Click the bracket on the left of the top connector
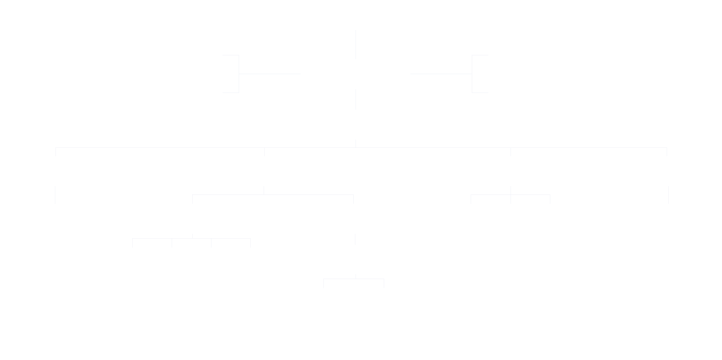238,74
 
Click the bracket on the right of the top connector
472,74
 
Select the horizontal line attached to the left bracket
270,74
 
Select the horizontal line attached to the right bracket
441,74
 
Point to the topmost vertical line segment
355,44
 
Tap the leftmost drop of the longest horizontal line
55,151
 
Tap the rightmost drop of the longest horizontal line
667,151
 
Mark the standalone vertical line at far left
55,195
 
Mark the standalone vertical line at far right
668,195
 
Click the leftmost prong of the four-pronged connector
132,243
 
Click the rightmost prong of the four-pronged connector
250,243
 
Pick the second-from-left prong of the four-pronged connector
172,243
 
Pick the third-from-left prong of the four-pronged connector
211,243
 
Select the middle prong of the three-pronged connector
510,199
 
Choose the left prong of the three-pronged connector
471,199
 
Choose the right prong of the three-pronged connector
550,199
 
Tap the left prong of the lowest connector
323,283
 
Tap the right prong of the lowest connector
384,283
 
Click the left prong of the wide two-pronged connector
192,199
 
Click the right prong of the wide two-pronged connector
353,199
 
